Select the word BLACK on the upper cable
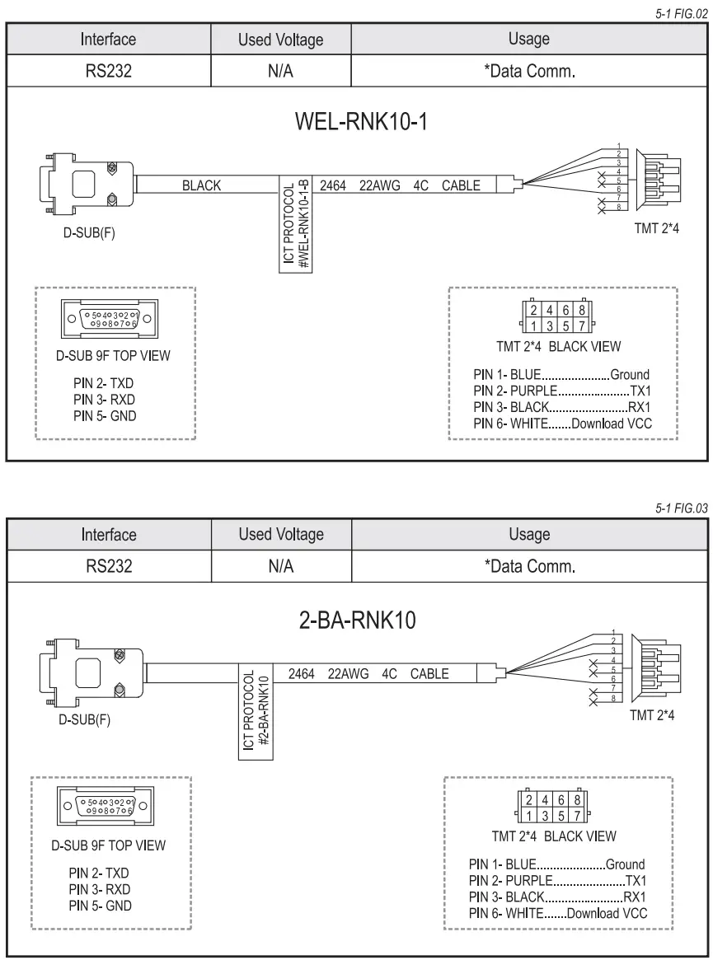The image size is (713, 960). [x=201, y=185]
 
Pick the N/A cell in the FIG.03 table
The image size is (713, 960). [x=281, y=566]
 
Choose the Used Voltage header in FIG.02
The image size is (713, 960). [x=281, y=39]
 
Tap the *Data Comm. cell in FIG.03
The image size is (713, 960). [x=529, y=566]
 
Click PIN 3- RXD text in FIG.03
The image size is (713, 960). [x=101, y=890]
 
